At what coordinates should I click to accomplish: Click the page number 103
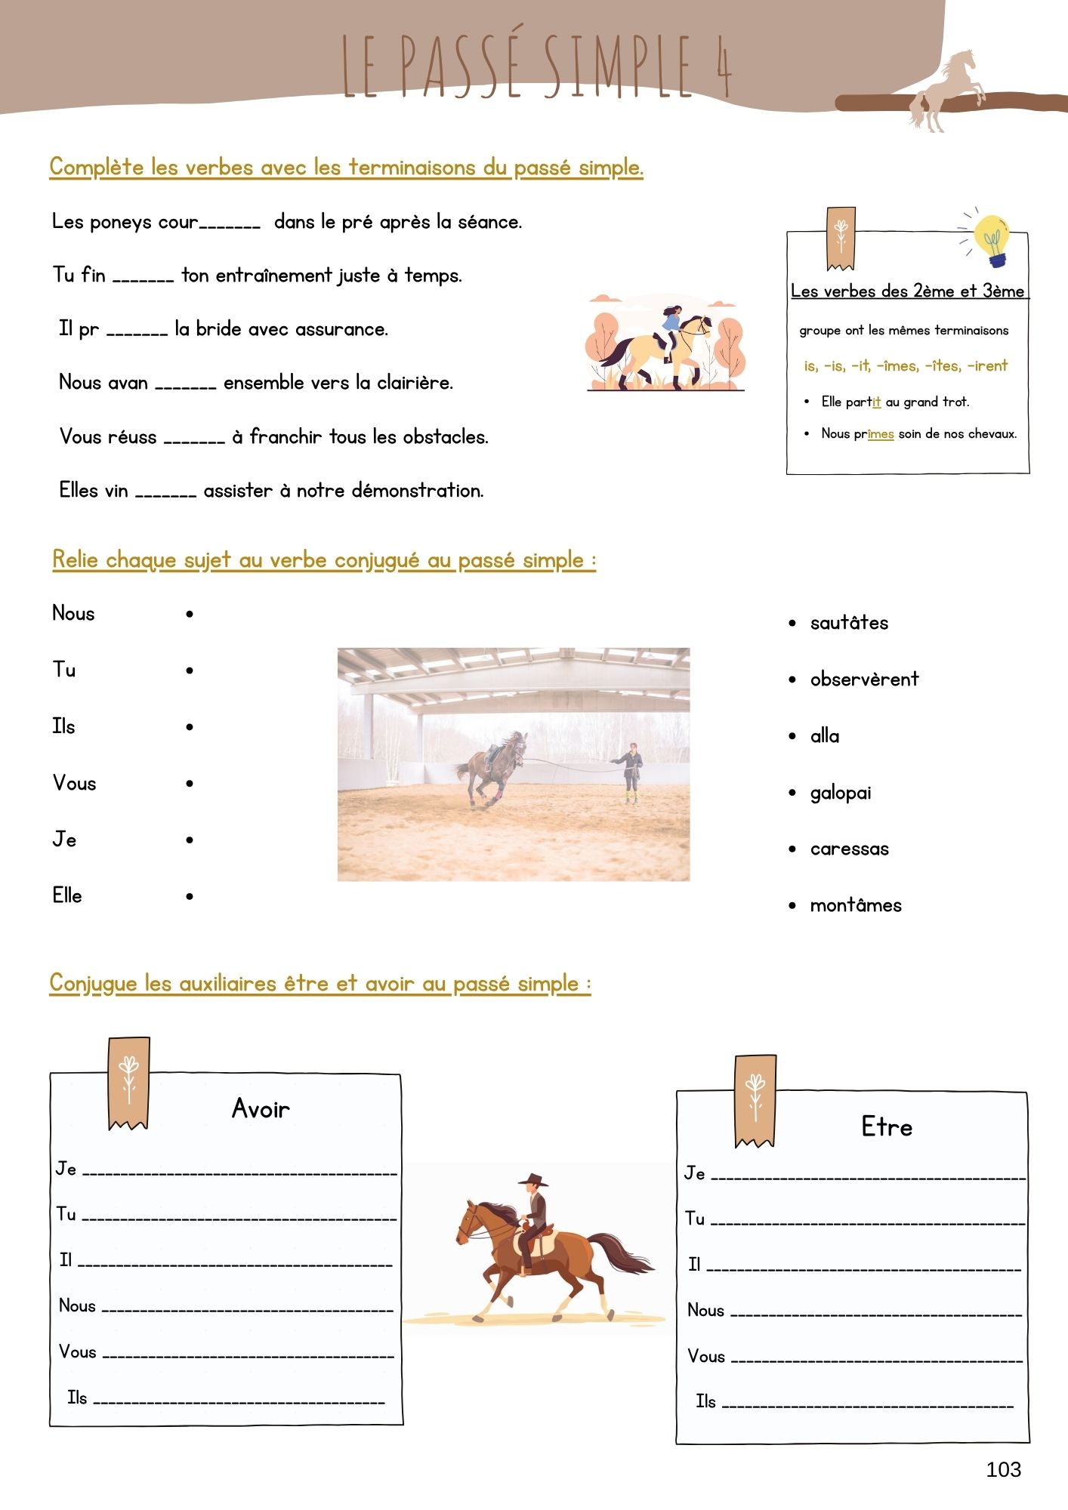coord(1003,1468)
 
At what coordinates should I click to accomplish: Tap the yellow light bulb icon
coord(992,238)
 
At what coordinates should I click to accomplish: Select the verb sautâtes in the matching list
coord(849,623)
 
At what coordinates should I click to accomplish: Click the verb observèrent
coord(864,679)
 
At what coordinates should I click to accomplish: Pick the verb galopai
coord(841,793)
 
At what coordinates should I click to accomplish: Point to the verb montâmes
coord(856,905)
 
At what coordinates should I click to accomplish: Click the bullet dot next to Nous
coord(190,614)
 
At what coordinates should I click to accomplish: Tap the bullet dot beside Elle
coord(190,896)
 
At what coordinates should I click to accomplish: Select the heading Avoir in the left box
coord(261,1108)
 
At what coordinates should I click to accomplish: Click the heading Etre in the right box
coord(887,1126)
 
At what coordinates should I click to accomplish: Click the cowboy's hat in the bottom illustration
coord(533,1179)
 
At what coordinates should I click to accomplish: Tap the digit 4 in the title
coord(723,66)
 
